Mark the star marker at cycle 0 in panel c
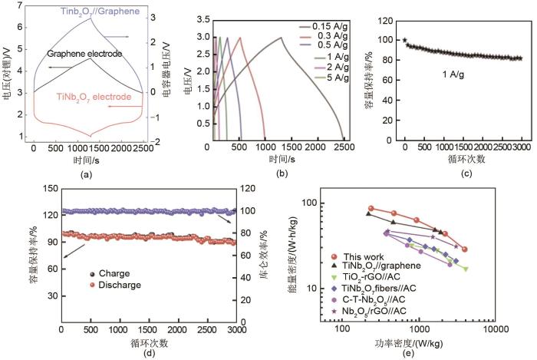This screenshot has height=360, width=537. [x=405, y=40]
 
